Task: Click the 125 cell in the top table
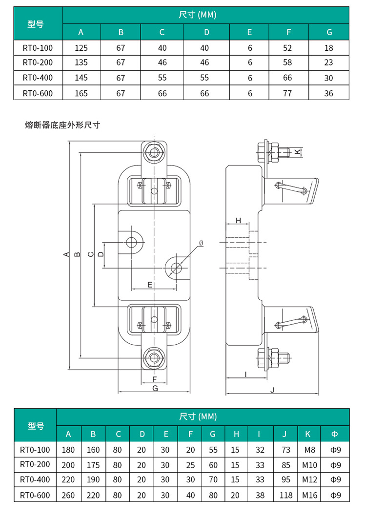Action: (x=81, y=48)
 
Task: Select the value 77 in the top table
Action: (x=288, y=93)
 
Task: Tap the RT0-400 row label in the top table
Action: (x=38, y=78)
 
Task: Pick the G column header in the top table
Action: (x=329, y=32)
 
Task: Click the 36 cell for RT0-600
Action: (x=329, y=93)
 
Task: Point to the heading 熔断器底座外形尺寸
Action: (x=62, y=125)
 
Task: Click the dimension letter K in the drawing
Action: (x=297, y=151)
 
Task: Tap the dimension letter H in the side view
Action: (x=238, y=221)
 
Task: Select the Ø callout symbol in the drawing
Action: (x=201, y=243)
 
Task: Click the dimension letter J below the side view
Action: (x=272, y=390)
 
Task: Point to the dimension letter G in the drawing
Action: (x=155, y=388)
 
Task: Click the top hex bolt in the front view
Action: (x=155, y=153)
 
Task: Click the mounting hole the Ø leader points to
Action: (x=176, y=268)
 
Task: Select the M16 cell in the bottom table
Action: (x=309, y=495)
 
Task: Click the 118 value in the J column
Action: (x=286, y=495)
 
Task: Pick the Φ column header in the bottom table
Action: (x=334, y=434)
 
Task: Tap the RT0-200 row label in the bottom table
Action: (x=35, y=465)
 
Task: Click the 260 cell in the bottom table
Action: (x=68, y=495)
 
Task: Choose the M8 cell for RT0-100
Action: (x=309, y=450)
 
